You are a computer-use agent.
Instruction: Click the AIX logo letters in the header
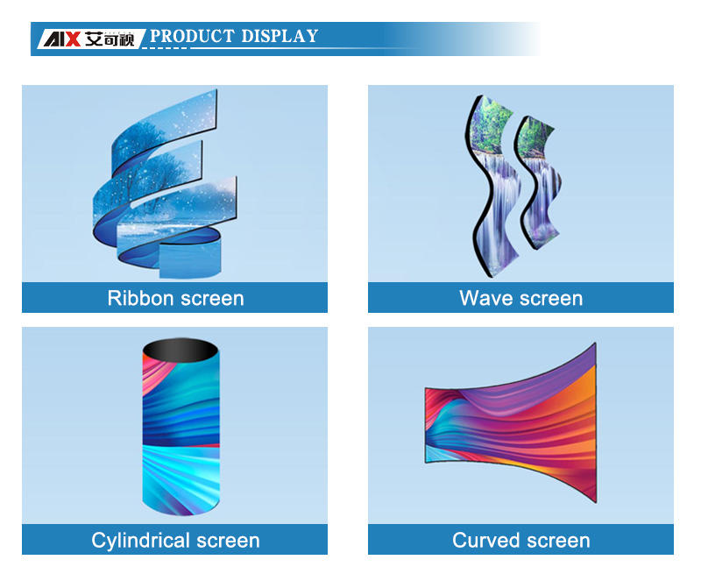coord(61,39)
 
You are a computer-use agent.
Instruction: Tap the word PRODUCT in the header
coord(192,36)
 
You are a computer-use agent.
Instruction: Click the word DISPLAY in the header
coord(280,36)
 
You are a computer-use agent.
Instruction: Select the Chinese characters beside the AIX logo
coord(110,39)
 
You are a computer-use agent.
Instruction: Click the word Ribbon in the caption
coord(140,298)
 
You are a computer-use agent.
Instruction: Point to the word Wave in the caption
coord(486,298)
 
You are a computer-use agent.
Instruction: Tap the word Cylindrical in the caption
coord(141,541)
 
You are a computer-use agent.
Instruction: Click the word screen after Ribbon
coord(213,299)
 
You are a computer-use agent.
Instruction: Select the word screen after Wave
coord(552,299)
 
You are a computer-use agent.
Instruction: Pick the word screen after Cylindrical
coord(229,542)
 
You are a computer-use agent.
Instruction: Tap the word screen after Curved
coord(559,542)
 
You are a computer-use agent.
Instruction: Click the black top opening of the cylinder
coord(181,350)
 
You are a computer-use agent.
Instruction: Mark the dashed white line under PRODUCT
coord(164,48)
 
